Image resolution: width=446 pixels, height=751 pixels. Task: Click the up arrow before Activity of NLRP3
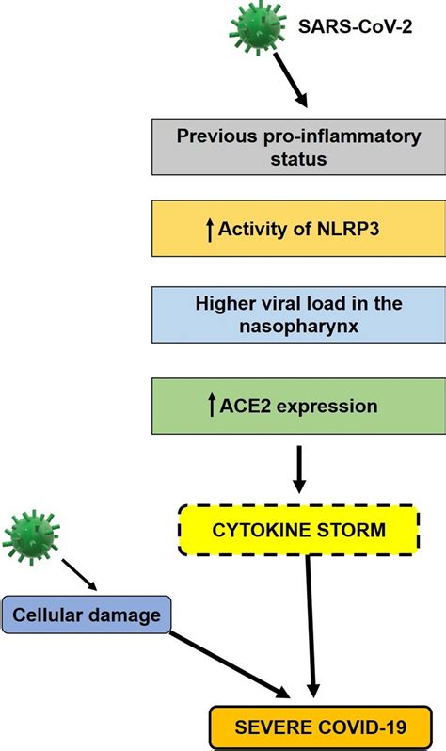(x=209, y=227)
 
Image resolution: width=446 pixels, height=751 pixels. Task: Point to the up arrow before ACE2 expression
(x=209, y=407)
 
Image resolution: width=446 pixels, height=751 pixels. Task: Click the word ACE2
(x=245, y=407)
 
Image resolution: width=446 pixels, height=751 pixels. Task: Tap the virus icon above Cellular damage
(x=30, y=539)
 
